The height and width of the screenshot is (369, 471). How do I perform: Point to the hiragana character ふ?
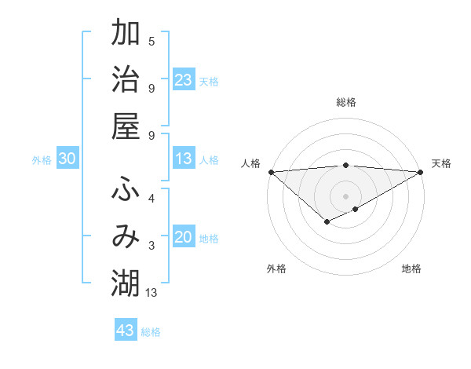pyautogui.click(x=126, y=189)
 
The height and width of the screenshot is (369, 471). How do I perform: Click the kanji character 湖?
pyautogui.click(x=126, y=283)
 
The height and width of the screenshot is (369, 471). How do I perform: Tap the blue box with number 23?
pyautogui.click(x=184, y=80)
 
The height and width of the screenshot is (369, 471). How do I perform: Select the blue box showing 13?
pyautogui.click(x=184, y=159)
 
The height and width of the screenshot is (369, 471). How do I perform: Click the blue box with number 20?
pyautogui.click(x=184, y=238)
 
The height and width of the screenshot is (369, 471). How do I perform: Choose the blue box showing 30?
pyautogui.click(x=67, y=159)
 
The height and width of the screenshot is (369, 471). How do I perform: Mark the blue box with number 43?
pyautogui.click(x=126, y=331)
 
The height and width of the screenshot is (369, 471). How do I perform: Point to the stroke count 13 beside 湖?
pyautogui.click(x=152, y=293)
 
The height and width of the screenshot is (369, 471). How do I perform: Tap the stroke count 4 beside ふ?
pyautogui.click(x=152, y=198)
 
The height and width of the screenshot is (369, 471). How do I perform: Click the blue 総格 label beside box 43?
pyautogui.click(x=151, y=332)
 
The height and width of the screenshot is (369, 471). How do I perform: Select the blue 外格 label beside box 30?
pyautogui.click(x=42, y=160)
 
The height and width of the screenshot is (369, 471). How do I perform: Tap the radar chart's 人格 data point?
pyautogui.click(x=270, y=172)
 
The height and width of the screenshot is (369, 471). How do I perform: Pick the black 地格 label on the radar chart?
pyautogui.click(x=411, y=269)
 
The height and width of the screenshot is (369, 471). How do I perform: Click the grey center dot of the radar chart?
pyautogui.click(x=345, y=195)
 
